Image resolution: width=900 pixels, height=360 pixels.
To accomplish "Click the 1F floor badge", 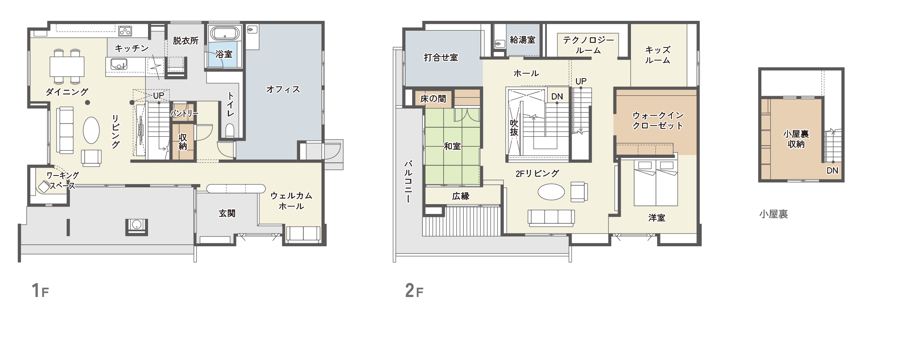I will coord(39,290).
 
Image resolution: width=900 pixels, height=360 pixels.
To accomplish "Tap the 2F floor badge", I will coord(413,290).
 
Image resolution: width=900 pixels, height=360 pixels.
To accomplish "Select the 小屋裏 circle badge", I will coord(774,214).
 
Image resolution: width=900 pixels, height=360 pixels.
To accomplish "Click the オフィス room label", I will coord(283,89).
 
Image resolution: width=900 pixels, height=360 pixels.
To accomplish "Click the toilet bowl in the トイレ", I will coord(230,130).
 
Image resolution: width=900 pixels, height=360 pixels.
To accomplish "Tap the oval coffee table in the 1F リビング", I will coord(91,130).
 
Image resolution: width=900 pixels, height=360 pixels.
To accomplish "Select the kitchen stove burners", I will coord(125,31).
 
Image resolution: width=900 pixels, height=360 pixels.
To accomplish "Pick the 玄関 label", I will coord(227,213).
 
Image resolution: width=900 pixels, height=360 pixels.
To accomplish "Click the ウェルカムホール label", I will coord(291,201).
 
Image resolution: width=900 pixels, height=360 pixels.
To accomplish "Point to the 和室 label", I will coord(452,146).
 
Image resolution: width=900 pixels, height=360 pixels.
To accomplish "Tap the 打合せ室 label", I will coord(441,58).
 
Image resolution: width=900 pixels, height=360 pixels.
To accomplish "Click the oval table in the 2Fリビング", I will coord(551,192).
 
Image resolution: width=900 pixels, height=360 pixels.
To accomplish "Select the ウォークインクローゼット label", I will coord(658,121).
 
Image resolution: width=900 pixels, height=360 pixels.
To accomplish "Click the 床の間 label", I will coord(433,99).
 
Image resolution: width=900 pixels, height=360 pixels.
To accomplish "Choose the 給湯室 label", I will coord(523,40).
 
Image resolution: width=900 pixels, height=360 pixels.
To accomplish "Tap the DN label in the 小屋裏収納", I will coord(832,171).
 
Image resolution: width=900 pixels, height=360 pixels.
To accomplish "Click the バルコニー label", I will coord(408,181).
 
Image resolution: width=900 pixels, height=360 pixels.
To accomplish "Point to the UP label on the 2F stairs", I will coord(581,81).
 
